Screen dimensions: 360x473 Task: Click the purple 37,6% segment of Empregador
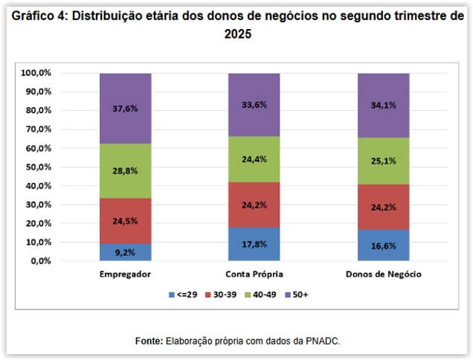125,108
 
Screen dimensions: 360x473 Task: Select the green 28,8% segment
125,171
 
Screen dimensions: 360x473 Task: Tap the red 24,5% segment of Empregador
125,221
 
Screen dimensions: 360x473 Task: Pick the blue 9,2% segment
125,252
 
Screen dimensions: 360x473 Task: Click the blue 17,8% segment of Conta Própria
254,244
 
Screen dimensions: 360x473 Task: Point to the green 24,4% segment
254,159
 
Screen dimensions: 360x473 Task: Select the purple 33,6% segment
254,104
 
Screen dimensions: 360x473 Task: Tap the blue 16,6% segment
383,245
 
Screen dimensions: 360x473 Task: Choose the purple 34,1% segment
383,105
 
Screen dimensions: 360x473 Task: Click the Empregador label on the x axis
125,274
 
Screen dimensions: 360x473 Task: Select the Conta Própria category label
254,274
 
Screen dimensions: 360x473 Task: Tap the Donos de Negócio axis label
384,274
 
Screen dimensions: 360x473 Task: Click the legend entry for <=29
183,295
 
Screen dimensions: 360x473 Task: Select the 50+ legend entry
296,295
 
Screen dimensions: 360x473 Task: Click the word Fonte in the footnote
149,341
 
